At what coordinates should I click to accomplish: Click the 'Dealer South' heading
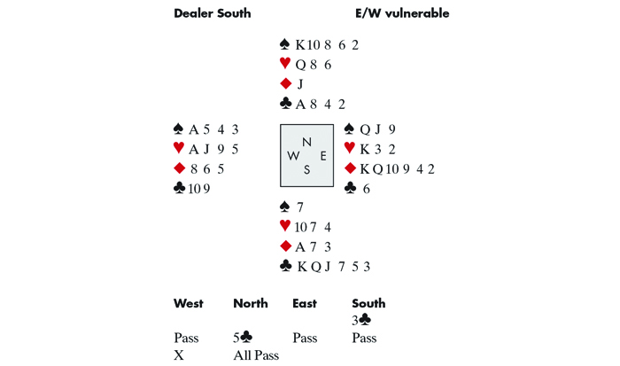(213, 13)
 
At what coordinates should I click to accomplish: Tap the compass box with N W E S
(307, 156)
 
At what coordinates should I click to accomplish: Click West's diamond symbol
(181, 168)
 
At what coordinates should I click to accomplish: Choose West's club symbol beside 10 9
(181, 188)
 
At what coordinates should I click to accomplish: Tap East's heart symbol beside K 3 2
(349, 148)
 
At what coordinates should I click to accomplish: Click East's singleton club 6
(364, 188)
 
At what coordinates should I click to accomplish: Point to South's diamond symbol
(284, 245)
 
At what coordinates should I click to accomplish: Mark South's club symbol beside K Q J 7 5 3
(284, 266)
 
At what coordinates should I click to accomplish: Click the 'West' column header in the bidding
(189, 304)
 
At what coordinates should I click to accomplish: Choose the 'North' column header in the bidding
(251, 304)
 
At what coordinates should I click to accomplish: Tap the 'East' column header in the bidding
(305, 304)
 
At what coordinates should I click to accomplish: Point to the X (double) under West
(179, 355)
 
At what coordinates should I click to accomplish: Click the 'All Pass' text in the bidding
(256, 355)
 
